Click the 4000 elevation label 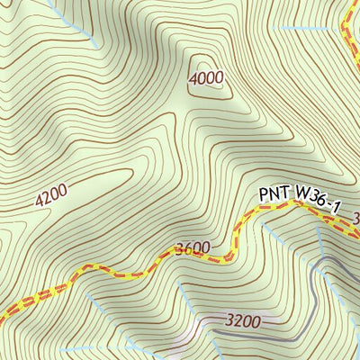[x=206, y=78]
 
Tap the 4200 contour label [x=51, y=193]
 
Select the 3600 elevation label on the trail [x=193, y=248]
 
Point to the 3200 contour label [x=243, y=320]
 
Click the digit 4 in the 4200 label [x=40, y=198]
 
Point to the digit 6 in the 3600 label [x=187, y=248]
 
